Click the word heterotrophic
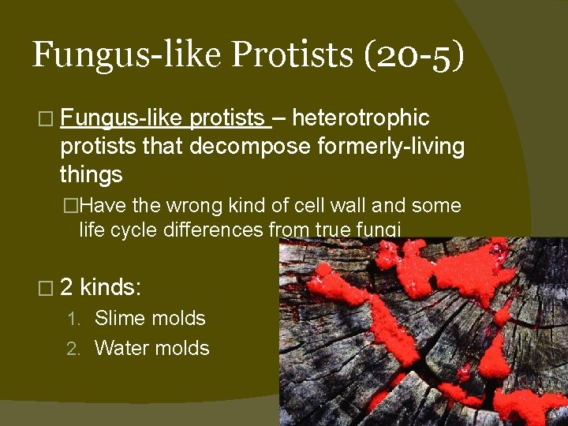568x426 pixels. (x=361, y=118)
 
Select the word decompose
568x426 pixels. (x=241, y=146)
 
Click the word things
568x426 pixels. (x=91, y=174)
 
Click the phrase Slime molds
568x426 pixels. (x=150, y=319)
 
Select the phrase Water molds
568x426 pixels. (x=152, y=348)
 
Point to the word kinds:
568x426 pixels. (x=111, y=286)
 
